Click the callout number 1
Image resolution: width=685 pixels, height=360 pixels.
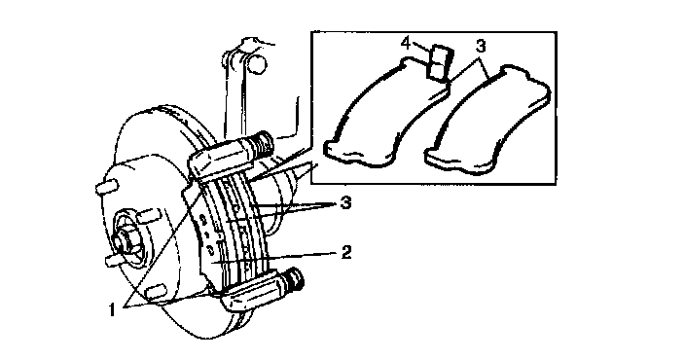click(112, 309)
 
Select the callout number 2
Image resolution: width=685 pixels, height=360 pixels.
click(346, 252)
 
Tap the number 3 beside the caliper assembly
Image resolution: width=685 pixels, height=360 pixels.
click(346, 202)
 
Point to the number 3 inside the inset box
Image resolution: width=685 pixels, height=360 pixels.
click(480, 45)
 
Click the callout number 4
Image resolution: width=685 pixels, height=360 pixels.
click(406, 44)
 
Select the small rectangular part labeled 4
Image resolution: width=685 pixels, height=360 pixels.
click(440, 64)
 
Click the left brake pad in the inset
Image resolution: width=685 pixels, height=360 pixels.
click(386, 113)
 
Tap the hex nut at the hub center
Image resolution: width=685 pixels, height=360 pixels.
click(125, 241)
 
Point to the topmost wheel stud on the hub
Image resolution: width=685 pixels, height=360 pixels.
click(107, 186)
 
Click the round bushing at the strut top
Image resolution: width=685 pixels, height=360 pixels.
click(257, 62)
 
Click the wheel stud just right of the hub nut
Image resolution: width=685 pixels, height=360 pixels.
click(147, 215)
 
